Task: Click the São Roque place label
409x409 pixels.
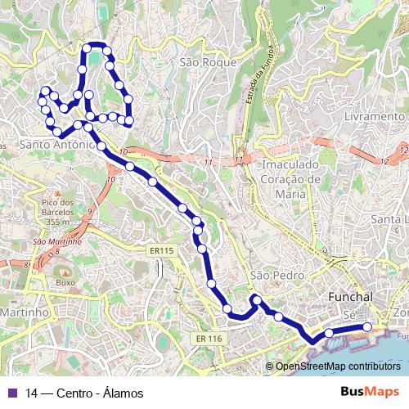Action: [x=208, y=62]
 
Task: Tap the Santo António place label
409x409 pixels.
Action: [x=56, y=145]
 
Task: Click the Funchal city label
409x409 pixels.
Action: [x=350, y=296]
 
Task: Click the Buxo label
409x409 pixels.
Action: [x=65, y=282]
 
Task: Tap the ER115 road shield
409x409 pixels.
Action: [x=163, y=250]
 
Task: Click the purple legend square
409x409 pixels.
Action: [x=12, y=393]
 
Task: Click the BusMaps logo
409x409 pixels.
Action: [x=370, y=392]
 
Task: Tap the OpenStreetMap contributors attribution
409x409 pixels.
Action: [x=338, y=366]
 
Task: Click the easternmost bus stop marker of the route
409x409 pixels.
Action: [x=367, y=327]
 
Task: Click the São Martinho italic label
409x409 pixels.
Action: [x=56, y=241]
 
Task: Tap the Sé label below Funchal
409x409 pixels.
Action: [x=350, y=315]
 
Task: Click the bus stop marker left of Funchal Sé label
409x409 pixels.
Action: [x=329, y=332]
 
